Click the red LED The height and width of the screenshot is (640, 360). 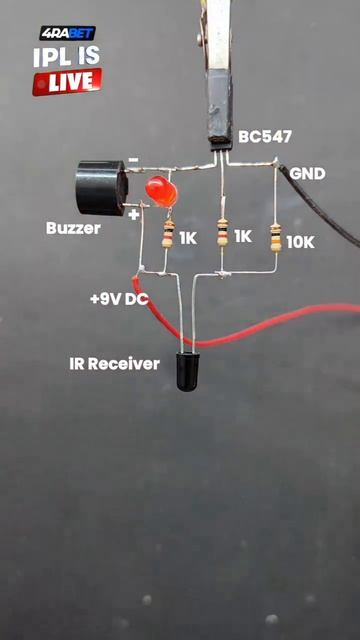point(162,191)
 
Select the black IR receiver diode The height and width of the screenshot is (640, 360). point(188,371)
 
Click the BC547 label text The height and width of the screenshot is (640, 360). point(265,137)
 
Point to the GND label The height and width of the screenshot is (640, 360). point(307,174)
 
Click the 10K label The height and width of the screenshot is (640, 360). point(300,242)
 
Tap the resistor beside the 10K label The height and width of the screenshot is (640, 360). point(276,238)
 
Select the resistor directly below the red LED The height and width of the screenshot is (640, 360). point(168,233)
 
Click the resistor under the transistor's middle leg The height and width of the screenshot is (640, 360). point(222,232)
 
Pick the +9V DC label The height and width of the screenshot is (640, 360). point(119,300)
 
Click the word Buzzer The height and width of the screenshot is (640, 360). point(73,228)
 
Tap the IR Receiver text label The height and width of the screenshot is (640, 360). point(114,364)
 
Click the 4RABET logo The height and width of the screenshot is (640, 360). point(68,33)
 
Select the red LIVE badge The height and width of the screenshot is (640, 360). point(67,82)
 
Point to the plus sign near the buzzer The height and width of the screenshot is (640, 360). point(133,215)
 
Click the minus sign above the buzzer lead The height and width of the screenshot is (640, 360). point(133,160)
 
